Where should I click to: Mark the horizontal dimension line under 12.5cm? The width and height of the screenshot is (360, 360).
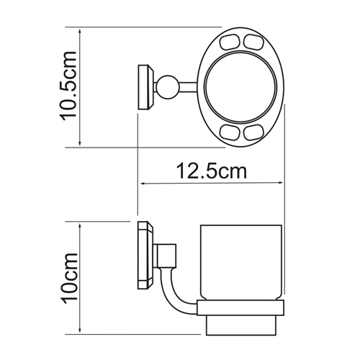tap(212, 184)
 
